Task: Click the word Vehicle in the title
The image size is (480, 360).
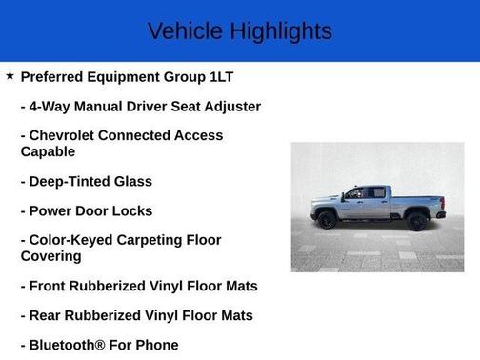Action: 186,31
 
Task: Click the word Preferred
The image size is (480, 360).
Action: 52,77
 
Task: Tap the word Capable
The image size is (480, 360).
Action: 48,151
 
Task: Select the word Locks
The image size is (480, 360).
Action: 131,210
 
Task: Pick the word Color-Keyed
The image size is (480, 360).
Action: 74,240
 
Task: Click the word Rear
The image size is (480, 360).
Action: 47,315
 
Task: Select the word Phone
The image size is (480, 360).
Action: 156,345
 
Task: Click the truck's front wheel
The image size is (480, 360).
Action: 329,219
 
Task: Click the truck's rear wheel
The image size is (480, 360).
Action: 416,220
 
